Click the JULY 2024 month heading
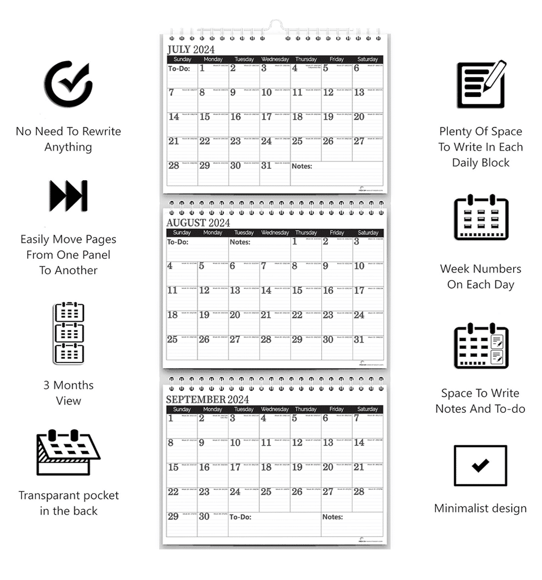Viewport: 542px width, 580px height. point(190,50)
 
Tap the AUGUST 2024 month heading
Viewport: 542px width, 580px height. point(198,223)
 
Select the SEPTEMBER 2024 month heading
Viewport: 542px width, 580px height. point(207,400)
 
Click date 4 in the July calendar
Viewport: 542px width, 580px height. point(295,69)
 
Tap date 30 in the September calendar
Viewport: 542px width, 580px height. point(204,517)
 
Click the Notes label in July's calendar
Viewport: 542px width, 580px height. point(302,167)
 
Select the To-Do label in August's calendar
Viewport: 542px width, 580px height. point(177,242)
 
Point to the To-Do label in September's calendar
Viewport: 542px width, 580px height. point(240,517)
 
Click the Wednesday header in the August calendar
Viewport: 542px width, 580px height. point(275,233)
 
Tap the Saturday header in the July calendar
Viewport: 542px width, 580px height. point(367,59)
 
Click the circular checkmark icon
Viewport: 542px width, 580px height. point(69,84)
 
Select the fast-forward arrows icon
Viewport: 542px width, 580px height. point(69,195)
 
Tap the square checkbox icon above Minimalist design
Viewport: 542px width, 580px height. point(480,466)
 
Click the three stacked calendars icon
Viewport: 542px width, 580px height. point(69,333)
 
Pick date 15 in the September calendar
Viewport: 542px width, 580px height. point(173,467)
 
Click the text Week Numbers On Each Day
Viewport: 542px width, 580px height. point(480,276)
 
